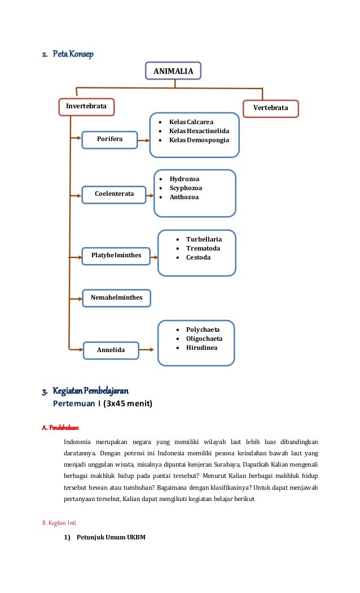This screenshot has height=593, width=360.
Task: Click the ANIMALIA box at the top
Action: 173,71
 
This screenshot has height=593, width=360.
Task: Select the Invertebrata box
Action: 87,107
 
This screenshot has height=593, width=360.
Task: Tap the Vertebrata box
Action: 270,108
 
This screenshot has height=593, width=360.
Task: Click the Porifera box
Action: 109,139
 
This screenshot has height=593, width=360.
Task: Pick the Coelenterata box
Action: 114,194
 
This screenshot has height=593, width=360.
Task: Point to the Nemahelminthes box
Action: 117,297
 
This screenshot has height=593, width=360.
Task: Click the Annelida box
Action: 111,350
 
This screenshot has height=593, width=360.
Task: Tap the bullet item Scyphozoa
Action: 186,188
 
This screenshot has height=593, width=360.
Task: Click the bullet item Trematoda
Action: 203,248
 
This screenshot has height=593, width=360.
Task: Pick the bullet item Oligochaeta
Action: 204,339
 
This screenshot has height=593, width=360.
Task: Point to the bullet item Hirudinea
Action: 201,348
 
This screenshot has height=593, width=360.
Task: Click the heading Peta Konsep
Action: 73,54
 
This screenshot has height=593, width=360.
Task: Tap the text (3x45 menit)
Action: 128,404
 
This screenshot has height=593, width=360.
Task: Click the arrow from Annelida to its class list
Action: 146,350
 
